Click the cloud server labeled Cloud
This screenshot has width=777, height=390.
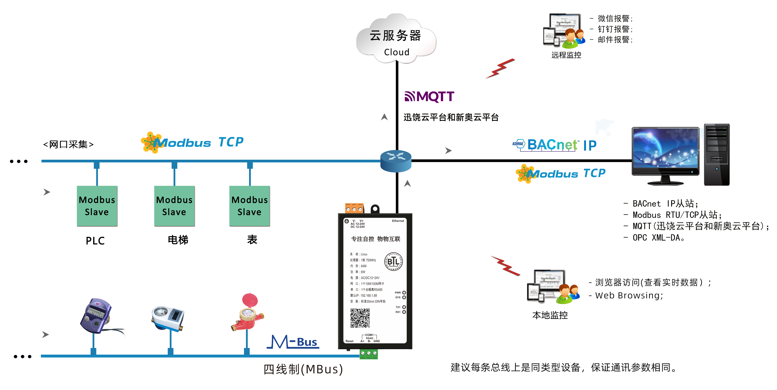tap(396, 39)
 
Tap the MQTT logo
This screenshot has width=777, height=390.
tap(429, 97)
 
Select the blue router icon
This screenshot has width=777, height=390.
tap(396, 161)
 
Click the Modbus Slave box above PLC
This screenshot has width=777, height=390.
tap(97, 206)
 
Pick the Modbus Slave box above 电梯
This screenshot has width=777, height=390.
tap(174, 206)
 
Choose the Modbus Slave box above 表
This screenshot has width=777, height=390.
tap(249, 206)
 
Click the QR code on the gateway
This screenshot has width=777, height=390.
tap(360, 318)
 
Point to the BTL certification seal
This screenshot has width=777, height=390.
tap(393, 261)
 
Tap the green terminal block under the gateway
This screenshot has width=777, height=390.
tap(369, 353)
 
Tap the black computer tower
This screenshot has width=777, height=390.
tap(717, 154)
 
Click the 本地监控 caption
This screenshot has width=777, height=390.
tap(550, 315)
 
